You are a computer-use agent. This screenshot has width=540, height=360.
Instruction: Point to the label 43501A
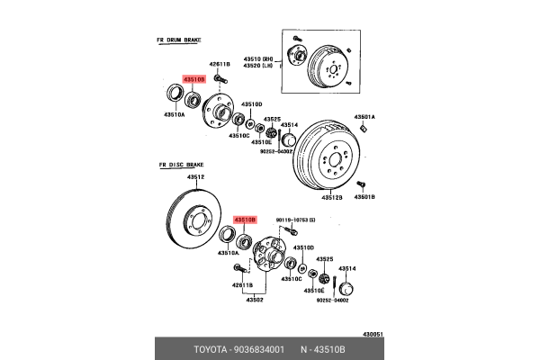point(364,117)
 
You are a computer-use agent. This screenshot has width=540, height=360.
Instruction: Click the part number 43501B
point(364,195)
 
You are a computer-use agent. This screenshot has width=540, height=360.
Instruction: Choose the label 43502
point(254,300)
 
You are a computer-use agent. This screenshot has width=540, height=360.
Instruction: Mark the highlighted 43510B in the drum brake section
point(194,80)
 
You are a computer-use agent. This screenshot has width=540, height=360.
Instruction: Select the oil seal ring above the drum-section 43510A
point(171,94)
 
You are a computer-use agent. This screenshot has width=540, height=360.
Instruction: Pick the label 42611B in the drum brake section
point(220,65)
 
